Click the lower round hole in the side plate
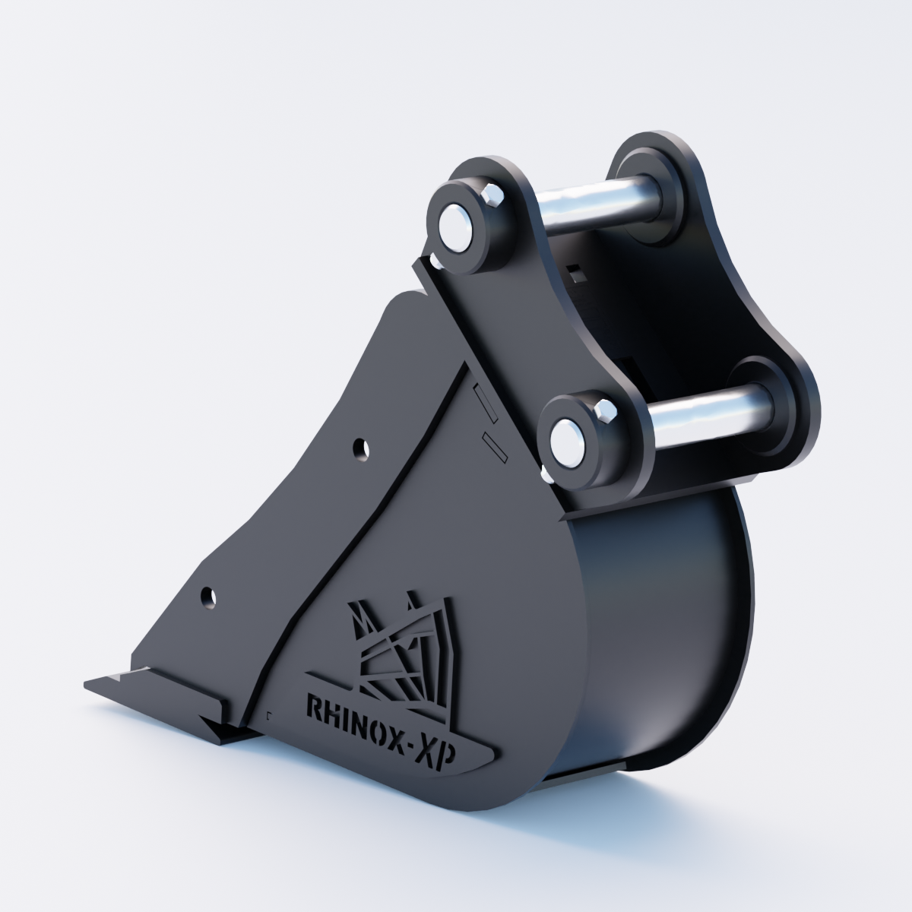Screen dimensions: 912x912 pos(208,597)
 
